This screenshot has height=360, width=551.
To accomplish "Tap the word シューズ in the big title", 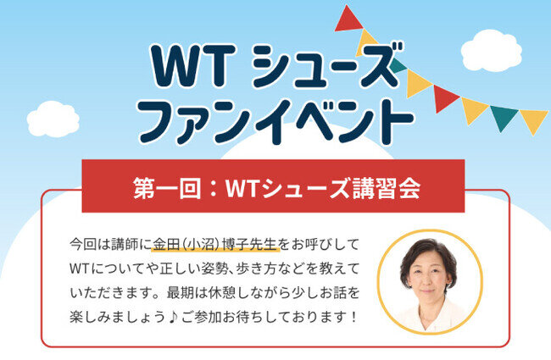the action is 327,66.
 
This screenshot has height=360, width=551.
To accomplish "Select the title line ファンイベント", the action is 276,121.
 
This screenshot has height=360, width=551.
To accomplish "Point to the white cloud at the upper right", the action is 491,51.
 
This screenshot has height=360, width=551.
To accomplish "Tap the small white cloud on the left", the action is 53,119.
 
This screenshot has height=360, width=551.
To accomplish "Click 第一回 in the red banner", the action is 167,188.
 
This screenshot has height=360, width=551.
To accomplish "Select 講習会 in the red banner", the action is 387,188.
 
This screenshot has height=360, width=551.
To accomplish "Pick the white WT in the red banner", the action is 243,189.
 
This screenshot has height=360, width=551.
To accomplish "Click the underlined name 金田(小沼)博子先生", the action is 215,245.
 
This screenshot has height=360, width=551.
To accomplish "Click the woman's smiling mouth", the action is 426,291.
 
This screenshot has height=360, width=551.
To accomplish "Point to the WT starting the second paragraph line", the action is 80,269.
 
